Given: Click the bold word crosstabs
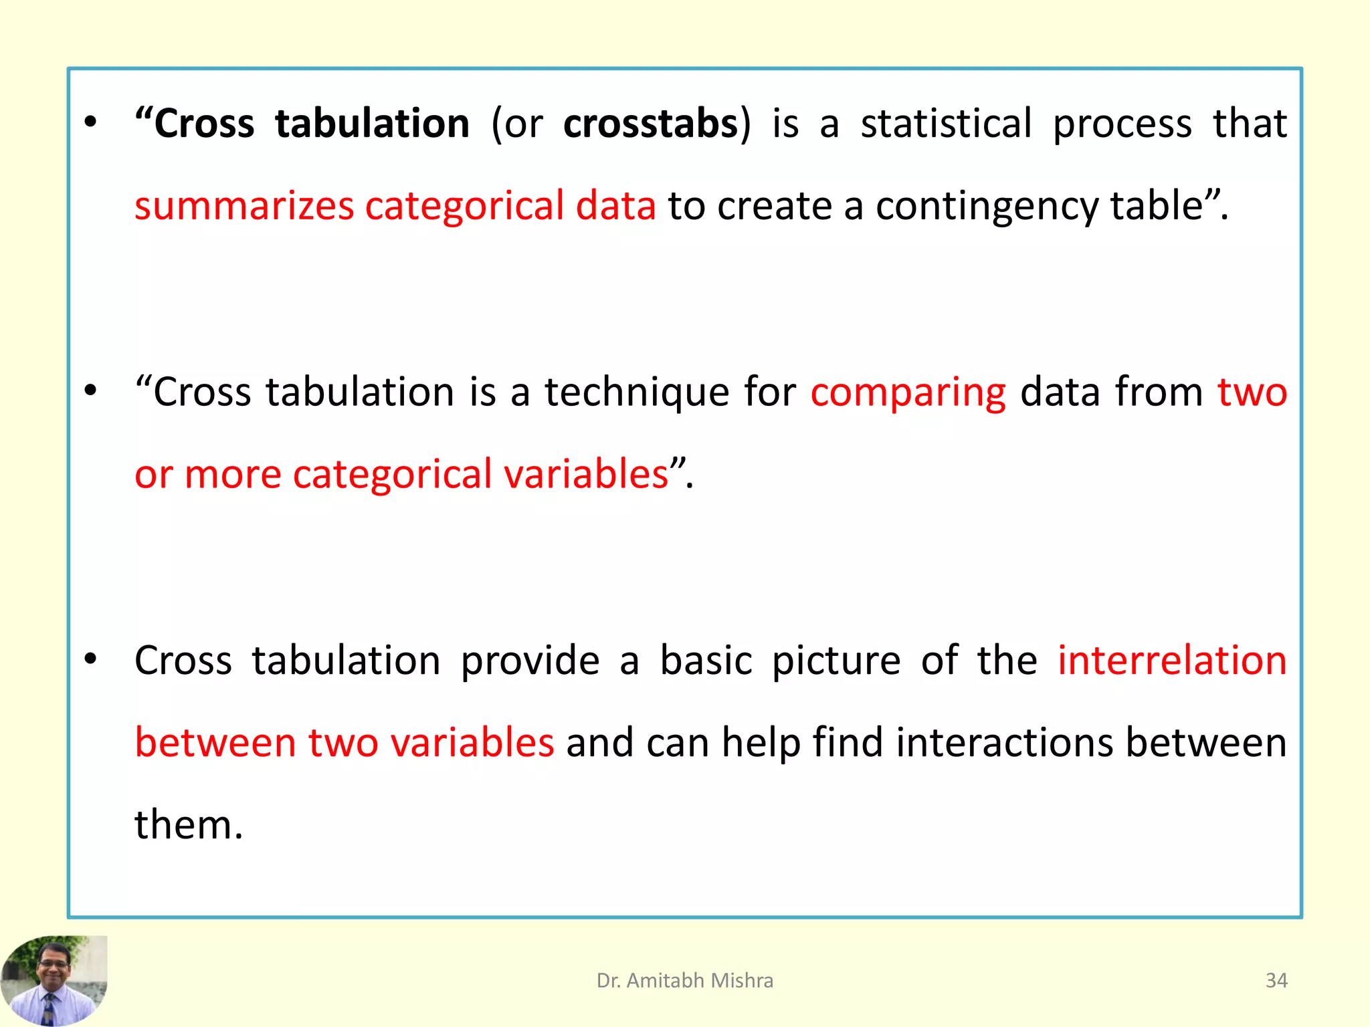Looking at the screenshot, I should pyautogui.click(x=650, y=124).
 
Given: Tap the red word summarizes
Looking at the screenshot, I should pyautogui.click(x=244, y=206).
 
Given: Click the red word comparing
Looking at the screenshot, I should pyautogui.click(x=908, y=392).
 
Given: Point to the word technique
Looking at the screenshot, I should pyautogui.click(x=636, y=392).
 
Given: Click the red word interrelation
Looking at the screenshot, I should pyautogui.click(x=1172, y=661).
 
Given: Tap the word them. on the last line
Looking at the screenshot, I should pyautogui.click(x=188, y=824).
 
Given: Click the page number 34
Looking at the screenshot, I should pyautogui.click(x=1276, y=980).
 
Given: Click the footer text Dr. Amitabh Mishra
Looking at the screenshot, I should pyautogui.click(x=684, y=980).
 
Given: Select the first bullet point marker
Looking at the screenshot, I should pyautogui.click(x=90, y=123).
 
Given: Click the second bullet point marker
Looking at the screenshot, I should pyautogui.click(x=90, y=391).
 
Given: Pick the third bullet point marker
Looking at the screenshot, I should pyautogui.click(x=90, y=660).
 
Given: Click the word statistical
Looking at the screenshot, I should pyautogui.click(x=946, y=124).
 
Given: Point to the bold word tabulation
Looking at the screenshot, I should pyautogui.click(x=372, y=124).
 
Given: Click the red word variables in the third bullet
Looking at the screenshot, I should pyautogui.click(x=472, y=743).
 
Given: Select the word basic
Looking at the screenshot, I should pyautogui.click(x=706, y=661).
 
